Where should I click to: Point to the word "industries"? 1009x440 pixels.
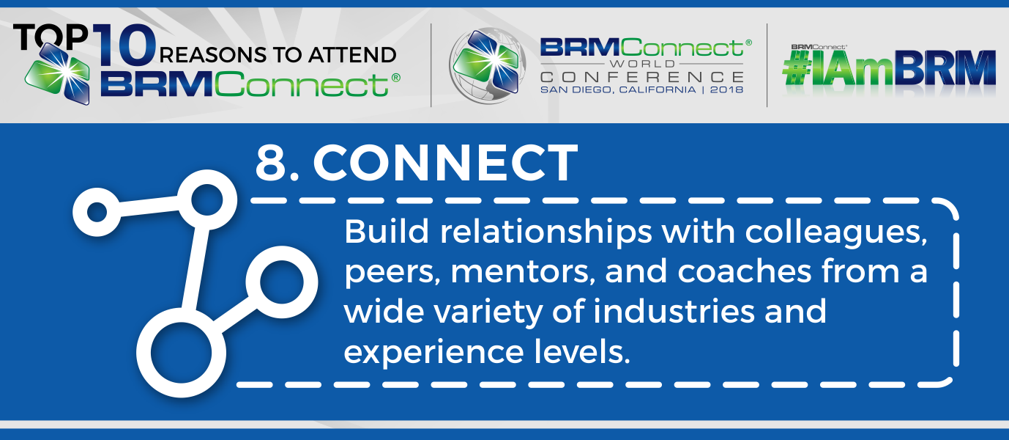(x=674, y=312)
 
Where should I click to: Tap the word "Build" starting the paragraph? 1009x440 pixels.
(x=386, y=232)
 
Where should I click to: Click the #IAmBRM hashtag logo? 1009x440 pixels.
(x=889, y=74)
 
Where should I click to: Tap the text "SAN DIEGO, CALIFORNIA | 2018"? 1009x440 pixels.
(x=641, y=89)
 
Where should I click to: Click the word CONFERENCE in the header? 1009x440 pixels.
(x=641, y=76)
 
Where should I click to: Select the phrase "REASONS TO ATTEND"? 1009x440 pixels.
(x=278, y=55)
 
